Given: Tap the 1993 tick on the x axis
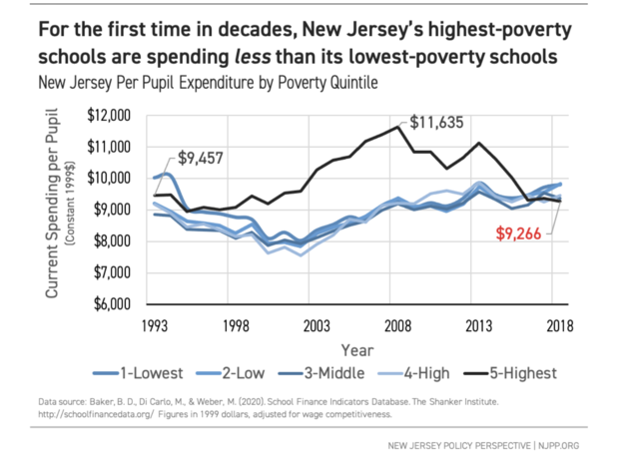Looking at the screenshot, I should tap(155, 325).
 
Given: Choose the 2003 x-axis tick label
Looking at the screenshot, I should tap(318, 325).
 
